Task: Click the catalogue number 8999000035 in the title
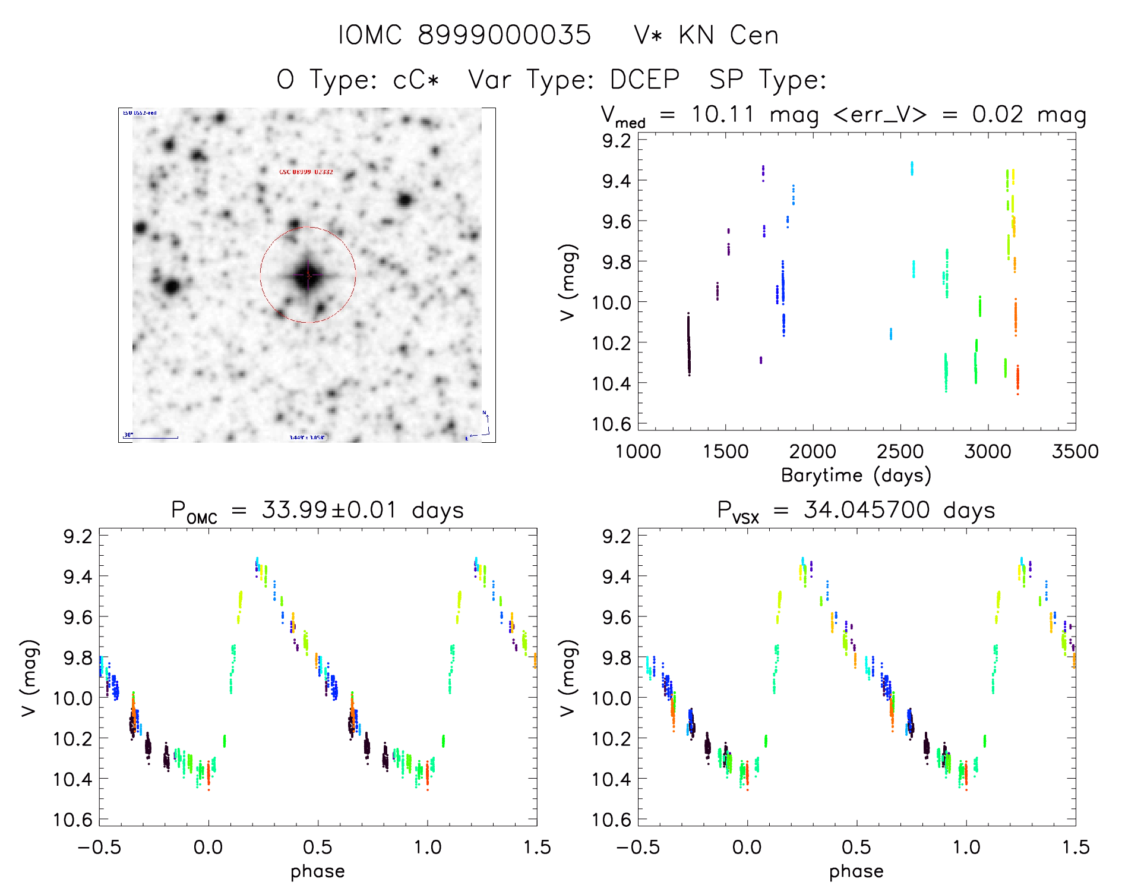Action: point(504,35)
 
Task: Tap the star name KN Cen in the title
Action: point(728,35)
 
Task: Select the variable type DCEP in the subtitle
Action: point(645,80)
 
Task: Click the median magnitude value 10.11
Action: point(723,114)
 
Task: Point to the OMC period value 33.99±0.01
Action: point(329,510)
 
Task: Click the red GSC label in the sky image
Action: point(306,172)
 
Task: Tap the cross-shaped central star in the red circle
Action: point(308,275)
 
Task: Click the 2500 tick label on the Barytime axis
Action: point(900,452)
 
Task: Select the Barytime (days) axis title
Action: point(856,476)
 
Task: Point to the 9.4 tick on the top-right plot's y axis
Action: point(617,181)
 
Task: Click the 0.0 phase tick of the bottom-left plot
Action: point(208,848)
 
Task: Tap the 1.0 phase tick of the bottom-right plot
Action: point(966,848)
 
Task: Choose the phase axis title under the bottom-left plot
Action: point(318,871)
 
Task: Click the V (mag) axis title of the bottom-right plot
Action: point(568,678)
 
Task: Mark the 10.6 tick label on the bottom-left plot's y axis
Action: point(73,820)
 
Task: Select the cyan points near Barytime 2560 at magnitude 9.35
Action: point(912,168)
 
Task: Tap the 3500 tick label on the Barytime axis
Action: point(1075,452)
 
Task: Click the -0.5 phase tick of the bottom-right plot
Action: point(638,848)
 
